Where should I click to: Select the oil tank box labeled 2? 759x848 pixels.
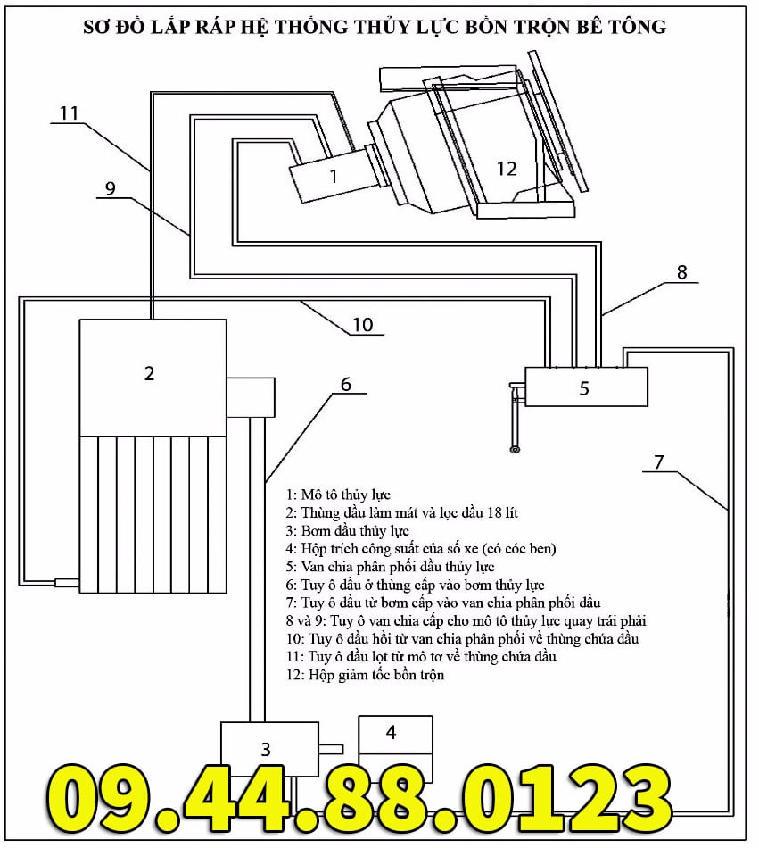point(152,376)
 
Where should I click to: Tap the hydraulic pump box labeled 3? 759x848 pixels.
point(268,749)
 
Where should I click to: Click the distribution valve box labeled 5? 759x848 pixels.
point(585,387)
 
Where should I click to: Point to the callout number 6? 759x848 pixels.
point(346,385)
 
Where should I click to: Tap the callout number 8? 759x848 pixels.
point(681,272)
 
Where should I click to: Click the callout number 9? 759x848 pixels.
point(111,188)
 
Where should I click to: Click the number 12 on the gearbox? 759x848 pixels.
point(507,168)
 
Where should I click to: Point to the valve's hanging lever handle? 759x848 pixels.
point(515,420)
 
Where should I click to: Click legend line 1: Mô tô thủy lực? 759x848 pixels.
point(338,494)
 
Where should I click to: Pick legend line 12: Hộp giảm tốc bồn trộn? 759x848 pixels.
point(365,675)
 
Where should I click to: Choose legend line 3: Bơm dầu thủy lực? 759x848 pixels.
point(348,530)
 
